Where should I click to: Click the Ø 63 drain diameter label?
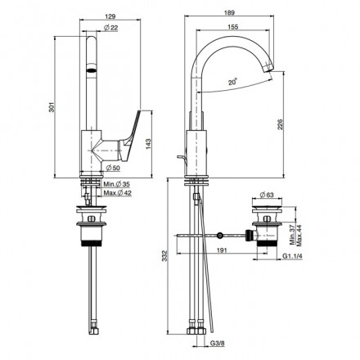click(x=267, y=196)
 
